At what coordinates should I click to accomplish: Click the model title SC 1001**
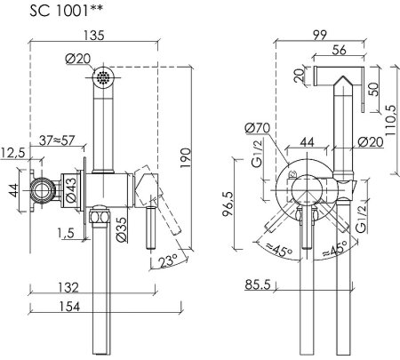(66, 11)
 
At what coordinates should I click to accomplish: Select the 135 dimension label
(93, 36)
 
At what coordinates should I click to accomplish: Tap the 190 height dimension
(186, 158)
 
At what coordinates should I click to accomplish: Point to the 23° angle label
(168, 261)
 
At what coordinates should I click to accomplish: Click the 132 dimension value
(68, 287)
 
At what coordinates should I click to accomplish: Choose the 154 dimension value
(69, 307)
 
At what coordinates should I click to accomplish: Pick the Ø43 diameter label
(71, 190)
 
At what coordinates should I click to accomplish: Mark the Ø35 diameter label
(122, 229)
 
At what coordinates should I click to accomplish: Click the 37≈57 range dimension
(57, 140)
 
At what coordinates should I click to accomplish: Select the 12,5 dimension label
(12, 153)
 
